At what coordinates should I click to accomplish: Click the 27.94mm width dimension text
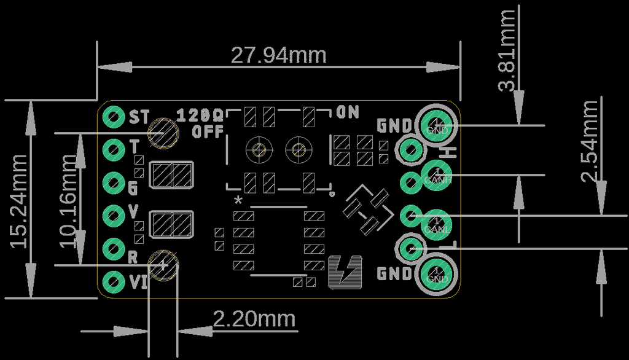278,55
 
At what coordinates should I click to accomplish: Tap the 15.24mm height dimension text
19,200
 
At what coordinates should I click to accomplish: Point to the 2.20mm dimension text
254,319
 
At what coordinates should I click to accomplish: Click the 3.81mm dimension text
507,50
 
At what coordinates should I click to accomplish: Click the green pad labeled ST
114,115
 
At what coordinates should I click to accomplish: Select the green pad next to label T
114,149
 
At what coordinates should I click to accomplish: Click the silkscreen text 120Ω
200,115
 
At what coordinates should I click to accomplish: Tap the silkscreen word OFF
207,131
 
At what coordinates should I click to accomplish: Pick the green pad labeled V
114,215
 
